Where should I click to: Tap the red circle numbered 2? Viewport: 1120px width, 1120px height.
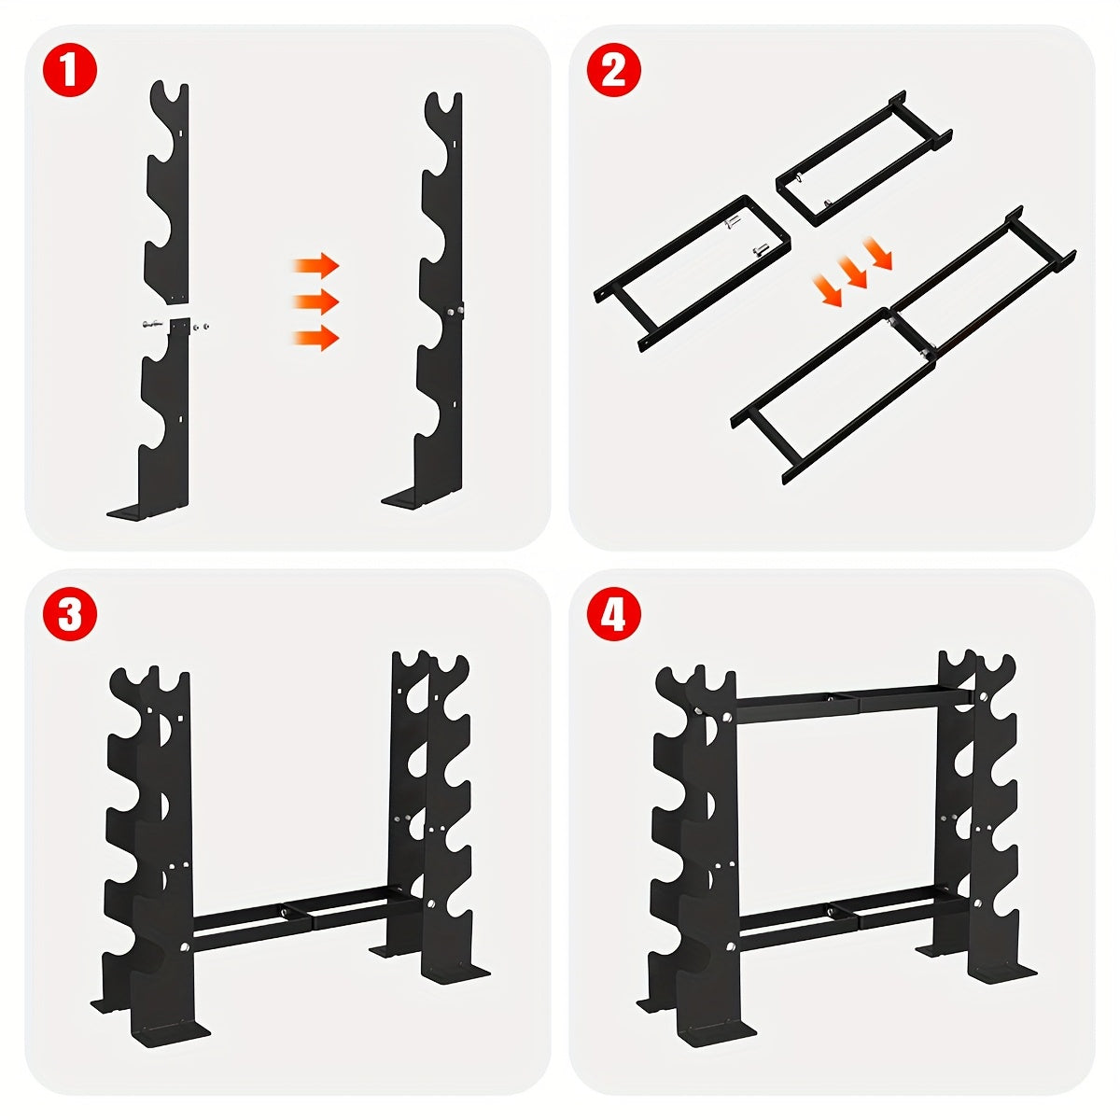(614, 71)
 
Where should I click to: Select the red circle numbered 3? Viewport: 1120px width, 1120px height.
(70, 615)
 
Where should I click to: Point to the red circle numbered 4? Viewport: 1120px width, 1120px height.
(614, 615)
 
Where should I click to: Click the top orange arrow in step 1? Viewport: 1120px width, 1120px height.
(316, 267)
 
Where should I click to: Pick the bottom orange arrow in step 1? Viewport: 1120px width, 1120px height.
(316, 338)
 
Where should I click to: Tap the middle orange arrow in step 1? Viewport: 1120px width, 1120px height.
(316, 302)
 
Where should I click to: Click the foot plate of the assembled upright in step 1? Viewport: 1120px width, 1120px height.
(420, 500)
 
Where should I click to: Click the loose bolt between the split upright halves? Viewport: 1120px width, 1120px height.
(149, 323)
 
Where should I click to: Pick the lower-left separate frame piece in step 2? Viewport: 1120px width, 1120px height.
(691, 271)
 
